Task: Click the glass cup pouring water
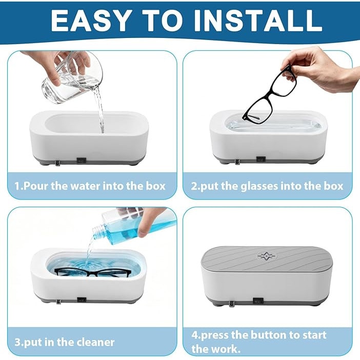[x=72, y=77]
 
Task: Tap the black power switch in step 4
[x=257, y=301]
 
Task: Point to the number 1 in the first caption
[x=17, y=186]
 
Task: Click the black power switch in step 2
[x=261, y=159]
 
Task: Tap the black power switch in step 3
[x=82, y=299]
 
